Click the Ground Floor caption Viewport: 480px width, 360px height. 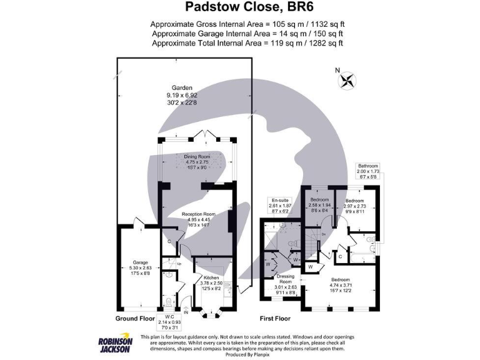(x=134, y=318)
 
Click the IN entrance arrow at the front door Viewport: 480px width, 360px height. (x=185, y=311)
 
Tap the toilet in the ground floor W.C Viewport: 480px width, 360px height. (x=168, y=302)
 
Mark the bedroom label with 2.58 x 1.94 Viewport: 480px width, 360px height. (x=319, y=204)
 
